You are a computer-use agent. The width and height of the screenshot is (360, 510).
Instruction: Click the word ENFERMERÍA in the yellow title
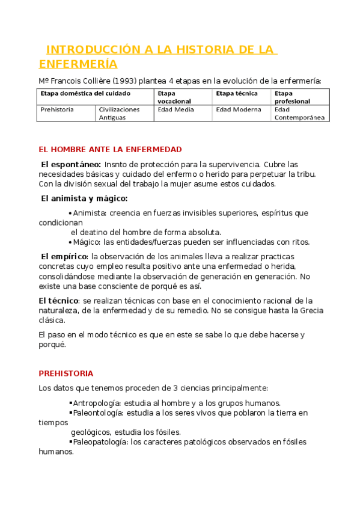click(78, 64)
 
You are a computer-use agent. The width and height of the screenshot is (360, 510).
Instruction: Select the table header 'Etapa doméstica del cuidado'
click(85, 94)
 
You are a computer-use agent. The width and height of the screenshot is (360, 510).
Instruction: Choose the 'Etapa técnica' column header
click(237, 94)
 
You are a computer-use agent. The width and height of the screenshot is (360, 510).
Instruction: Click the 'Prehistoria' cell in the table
click(57, 109)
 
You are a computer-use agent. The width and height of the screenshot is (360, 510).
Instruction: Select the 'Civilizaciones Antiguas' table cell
click(119, 113)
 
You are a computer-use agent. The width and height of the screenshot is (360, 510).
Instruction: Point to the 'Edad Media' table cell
click(176, 109)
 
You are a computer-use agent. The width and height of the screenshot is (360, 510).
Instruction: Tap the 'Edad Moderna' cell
click(239, 109)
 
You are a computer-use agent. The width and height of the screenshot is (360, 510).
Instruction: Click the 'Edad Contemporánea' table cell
click(299, 114)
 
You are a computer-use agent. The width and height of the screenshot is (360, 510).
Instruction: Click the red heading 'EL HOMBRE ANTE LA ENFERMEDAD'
click(110, 149)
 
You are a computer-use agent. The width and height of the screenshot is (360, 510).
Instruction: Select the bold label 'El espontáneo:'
click(71, 164)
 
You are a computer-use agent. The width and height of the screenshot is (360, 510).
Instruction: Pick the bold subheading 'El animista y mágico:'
click(84, 198)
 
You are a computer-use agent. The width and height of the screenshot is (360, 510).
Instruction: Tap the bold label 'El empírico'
click(63, 257)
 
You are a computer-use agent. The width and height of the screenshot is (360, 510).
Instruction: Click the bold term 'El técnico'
click(58, 300)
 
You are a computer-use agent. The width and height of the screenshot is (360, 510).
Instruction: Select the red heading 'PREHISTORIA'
click(66, 373)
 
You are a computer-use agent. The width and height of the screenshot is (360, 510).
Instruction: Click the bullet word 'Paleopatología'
click(100, 442)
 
